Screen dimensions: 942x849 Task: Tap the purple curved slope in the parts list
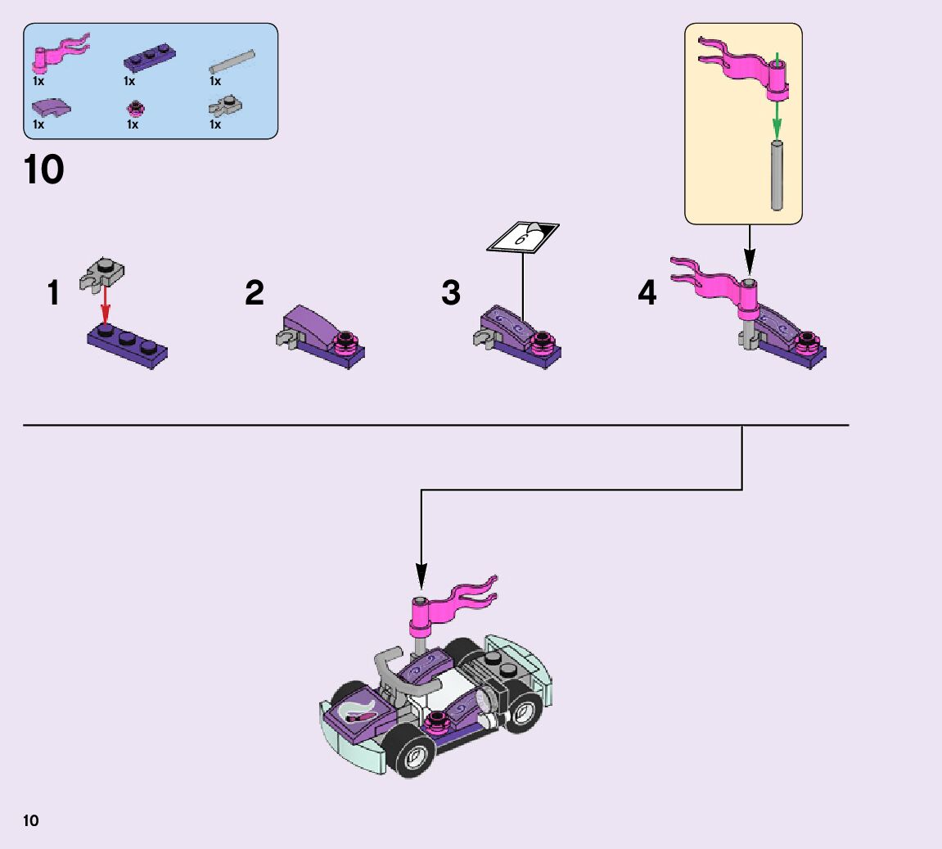point(51,107)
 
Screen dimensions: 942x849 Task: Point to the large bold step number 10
point(43,170)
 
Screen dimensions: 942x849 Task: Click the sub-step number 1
point(54,293)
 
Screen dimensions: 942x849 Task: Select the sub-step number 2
point(255,293)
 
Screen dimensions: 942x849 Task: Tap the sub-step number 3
point(451,293)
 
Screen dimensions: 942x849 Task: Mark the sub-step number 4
point(647,293)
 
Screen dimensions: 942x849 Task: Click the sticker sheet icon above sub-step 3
point(524,237)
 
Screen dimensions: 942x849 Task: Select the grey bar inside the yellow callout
point(777,175)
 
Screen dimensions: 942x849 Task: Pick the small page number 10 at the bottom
point(31,820)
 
